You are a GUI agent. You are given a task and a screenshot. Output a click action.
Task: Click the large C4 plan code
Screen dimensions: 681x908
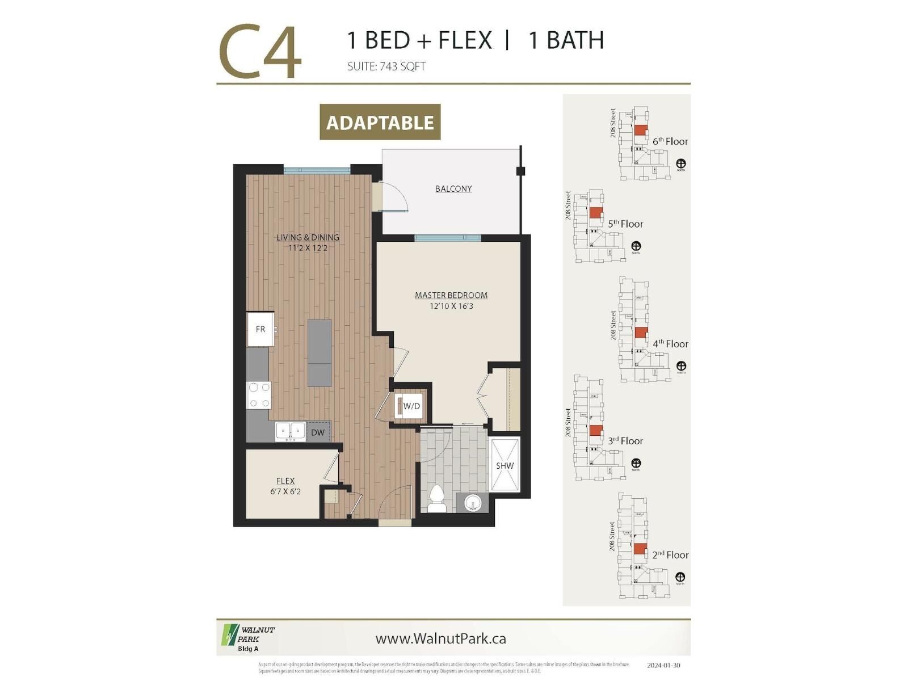(260, 52)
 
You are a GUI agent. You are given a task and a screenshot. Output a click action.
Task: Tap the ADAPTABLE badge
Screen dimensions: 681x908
(380, 122)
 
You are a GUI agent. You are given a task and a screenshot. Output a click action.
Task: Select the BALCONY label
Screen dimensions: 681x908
(453, 188)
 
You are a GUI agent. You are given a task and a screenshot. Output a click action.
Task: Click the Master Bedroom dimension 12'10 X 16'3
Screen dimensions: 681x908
(451, 306)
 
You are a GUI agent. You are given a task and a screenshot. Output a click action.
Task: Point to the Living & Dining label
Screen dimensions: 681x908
(308, 237)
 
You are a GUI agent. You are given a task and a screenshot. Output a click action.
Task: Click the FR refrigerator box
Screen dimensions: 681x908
(260, 329)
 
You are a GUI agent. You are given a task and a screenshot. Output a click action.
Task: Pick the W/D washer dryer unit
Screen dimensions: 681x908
(409, 406)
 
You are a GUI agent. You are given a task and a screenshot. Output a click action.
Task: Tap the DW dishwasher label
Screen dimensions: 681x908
(318, 432)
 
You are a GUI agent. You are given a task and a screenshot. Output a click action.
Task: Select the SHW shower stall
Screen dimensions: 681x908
(505, 465)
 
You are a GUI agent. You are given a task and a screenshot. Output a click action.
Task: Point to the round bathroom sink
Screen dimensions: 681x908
(472, 503)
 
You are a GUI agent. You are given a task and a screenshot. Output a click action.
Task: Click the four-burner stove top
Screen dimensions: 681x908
(259, 395)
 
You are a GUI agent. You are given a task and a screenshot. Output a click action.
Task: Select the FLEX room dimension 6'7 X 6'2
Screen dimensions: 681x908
(285, 491)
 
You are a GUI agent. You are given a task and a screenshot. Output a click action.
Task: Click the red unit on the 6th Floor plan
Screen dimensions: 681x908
(640, 130)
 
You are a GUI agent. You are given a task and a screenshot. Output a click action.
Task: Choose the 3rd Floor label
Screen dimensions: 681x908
(625, 441)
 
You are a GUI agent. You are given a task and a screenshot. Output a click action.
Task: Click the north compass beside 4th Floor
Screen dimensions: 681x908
(681, 366)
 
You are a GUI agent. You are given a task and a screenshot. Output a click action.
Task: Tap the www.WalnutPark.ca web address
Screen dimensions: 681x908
(440, 638)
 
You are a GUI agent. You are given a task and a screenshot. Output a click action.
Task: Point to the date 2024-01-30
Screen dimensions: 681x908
(663, 666)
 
